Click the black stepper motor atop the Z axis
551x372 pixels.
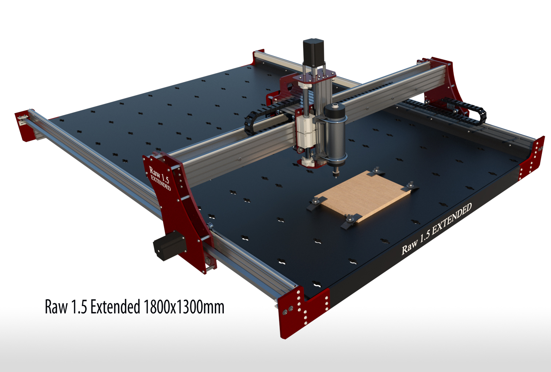coord(313,52)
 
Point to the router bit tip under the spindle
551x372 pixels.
coord(336,176)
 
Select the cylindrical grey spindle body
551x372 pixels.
coord(335,134)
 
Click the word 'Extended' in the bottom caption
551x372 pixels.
coord(115,307)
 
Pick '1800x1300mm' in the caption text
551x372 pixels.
coord(184,307)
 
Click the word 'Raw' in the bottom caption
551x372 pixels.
coord(56,307)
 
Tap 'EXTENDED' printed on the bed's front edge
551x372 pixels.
coord(452,218)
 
